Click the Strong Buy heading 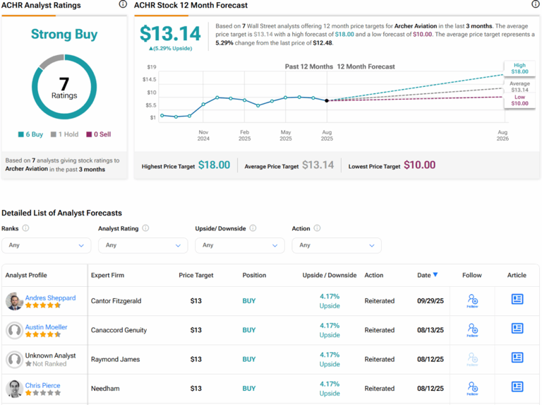(64, 34)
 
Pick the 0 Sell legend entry (98, 134)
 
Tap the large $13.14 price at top (169, 34)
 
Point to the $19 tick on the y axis (152, 67)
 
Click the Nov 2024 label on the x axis (203, 136)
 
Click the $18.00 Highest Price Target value (214, 165)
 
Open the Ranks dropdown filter (47, 245)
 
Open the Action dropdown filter (337, 245)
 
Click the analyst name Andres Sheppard (50, 298)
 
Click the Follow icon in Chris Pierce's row (472, 388)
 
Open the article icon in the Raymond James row (517, 358)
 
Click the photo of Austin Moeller (14, 330)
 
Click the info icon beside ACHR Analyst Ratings (123, 5)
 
